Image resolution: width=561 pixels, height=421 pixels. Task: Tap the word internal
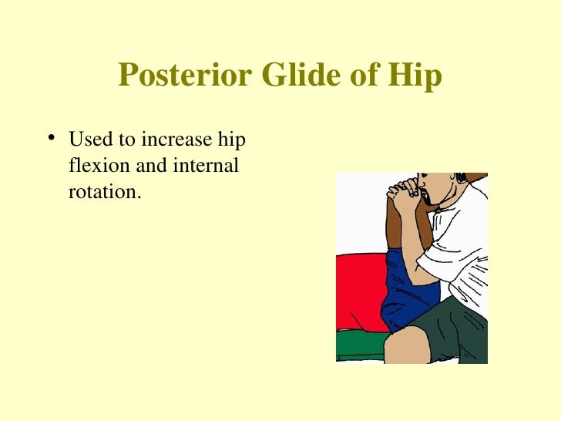(x=208, y=166)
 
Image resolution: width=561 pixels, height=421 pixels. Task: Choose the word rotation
(x=105, y=192)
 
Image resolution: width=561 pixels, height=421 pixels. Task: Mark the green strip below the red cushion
(x=360, y=343)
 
